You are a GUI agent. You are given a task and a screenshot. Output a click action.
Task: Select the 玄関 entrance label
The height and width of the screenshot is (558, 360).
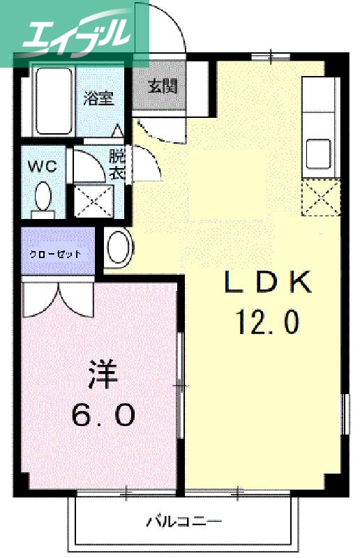point(163,86)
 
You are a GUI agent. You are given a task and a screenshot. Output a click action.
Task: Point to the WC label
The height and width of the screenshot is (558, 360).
point(42,167)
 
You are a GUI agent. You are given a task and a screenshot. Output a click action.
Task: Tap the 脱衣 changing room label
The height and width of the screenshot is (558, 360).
point(117,165)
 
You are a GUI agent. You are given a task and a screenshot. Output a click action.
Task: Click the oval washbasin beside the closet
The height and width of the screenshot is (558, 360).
point(119,248)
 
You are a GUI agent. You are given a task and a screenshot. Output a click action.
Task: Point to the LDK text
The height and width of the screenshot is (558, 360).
point(267,282)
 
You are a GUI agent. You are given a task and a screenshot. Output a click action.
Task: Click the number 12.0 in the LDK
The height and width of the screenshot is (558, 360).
point(267,322)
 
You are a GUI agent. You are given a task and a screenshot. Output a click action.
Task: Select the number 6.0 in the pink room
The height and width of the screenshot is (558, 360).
point(103,416)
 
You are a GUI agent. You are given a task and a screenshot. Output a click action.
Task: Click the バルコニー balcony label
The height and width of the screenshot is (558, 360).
point(184,520)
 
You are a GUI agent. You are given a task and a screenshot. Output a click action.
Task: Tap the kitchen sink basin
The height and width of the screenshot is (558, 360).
point(319,152)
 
